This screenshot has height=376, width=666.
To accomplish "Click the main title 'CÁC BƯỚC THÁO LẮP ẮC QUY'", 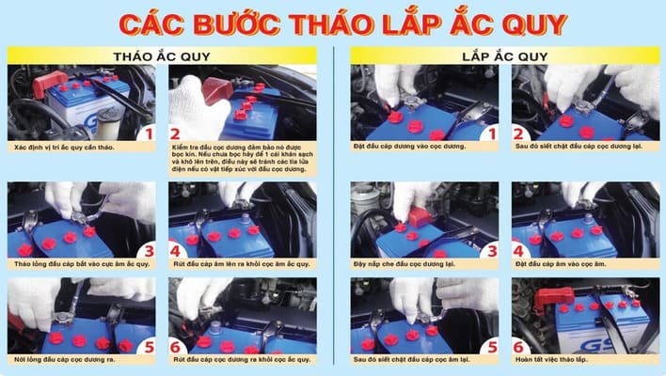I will [333, 23].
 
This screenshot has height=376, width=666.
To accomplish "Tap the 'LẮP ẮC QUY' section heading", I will [505, 55].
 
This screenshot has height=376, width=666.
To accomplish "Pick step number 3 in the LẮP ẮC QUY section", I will [488, 250].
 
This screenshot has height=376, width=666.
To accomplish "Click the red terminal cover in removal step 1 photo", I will [45, 82].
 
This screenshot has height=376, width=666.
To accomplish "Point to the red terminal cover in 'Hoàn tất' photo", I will [556, 298].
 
